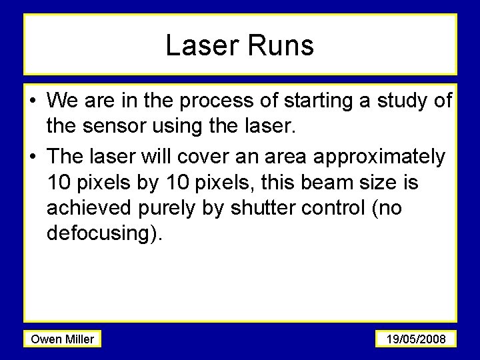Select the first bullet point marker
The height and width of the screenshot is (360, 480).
33,102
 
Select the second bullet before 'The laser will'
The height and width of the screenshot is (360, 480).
33,157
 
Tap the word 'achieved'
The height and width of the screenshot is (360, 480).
89,208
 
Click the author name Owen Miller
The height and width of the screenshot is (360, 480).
63,339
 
